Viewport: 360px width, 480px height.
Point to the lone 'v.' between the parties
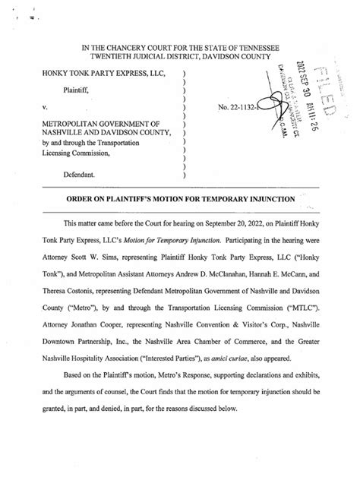pyautogui.click(x=46, y=108)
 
